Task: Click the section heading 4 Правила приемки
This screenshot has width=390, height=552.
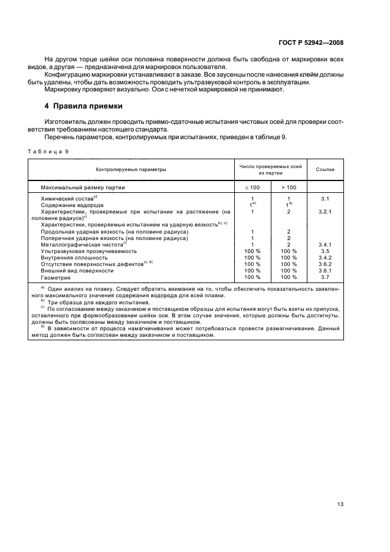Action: [84, 107]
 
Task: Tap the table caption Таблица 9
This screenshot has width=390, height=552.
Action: [48, 152]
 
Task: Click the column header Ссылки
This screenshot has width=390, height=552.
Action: [325, 170]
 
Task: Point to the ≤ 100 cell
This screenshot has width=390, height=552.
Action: [252, 187]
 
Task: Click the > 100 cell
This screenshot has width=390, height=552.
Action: [289, 187]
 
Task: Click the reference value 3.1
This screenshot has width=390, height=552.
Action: [325, 199]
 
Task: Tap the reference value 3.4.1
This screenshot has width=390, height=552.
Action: [325, 244]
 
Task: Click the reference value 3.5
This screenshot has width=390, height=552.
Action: [325, 250]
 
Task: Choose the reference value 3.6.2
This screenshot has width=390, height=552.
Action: [325, 264]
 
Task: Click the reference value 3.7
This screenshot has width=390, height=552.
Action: [325, 277]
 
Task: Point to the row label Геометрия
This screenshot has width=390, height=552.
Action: [55, 277]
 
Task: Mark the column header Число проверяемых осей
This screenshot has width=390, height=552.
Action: [270, 166]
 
